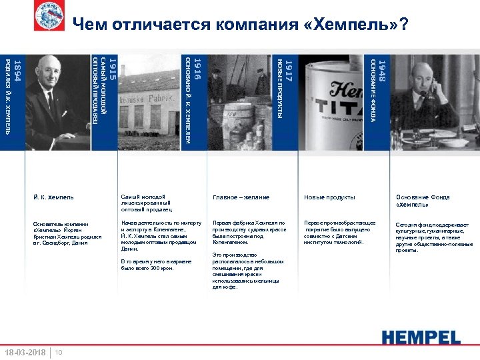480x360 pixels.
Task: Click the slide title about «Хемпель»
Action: pyautogui.click(x=241, y=25)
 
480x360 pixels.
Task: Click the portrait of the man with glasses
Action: pyautogui.click(x=53, y=100)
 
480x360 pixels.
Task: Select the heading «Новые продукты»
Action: pyautogui.click(x=329, y=197)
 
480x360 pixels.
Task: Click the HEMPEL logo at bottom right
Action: pyautogui.click(x=421, y=337)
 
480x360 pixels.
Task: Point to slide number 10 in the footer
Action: pyautogui.click(x=59, y=352)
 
